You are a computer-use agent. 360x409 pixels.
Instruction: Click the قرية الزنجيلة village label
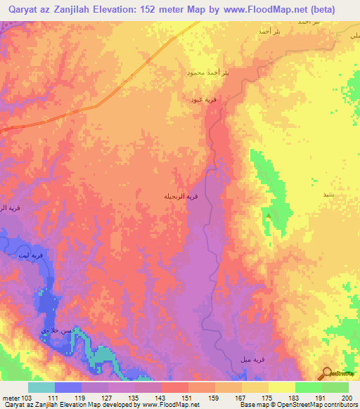(192, 197)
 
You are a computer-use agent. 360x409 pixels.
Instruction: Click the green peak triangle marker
(267, 209)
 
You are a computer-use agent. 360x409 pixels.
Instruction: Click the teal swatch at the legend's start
(41, 387)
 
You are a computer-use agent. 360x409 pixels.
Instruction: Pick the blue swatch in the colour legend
(67, 387)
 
